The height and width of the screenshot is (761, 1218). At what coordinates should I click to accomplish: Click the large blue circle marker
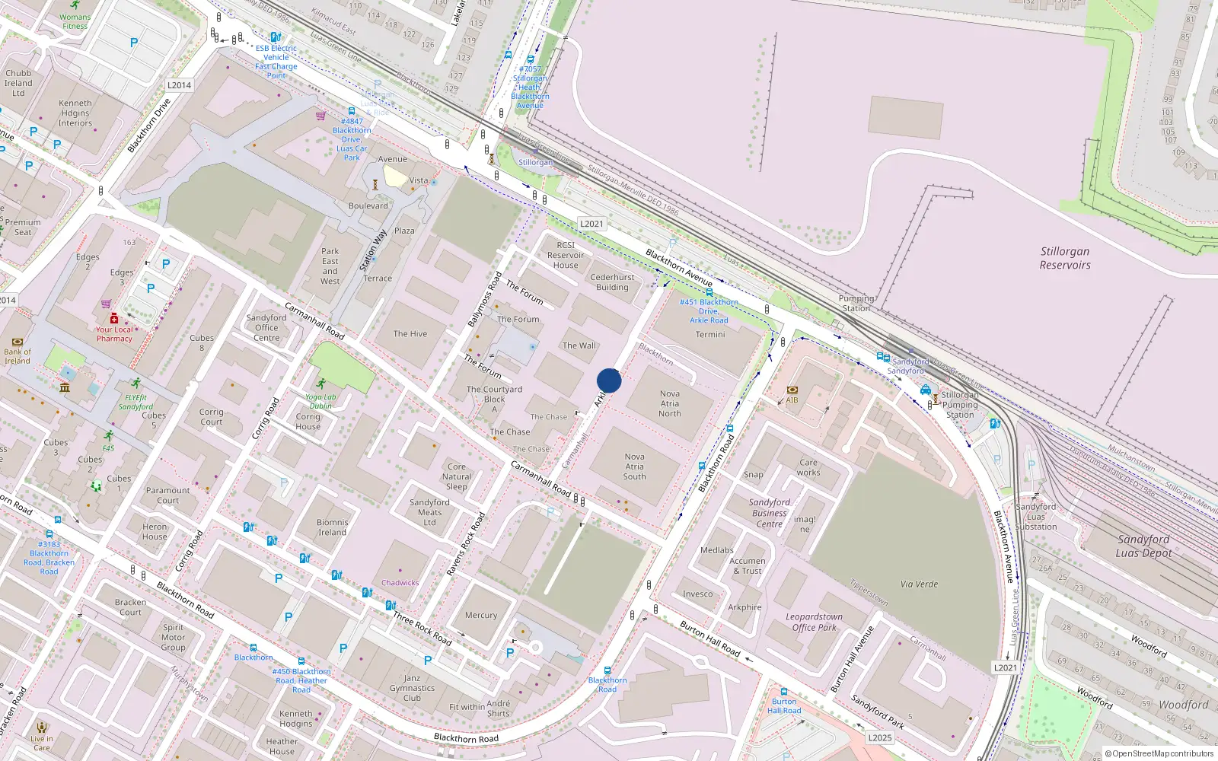click(x=609, y=380)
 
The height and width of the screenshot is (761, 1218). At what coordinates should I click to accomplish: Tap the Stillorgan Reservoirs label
click(x=1065, y=258)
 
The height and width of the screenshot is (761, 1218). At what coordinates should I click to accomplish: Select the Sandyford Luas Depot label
click(x=1143, y=546)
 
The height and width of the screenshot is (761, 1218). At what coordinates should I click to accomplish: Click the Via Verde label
click(x=919, y=584)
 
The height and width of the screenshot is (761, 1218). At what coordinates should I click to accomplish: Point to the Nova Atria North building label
click(x=670, y=404)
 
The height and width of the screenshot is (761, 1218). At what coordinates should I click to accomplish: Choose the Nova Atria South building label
click(x=634, y=466)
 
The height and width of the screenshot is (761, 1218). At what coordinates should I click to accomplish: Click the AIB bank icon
click(x=792, y=390)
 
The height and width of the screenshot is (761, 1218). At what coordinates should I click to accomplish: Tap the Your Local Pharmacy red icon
click(x=114, y=318)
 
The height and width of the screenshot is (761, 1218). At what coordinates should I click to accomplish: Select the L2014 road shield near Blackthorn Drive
click(x=179, y=85)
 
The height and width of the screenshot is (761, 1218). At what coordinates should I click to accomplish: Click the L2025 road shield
click(x=879, y=737)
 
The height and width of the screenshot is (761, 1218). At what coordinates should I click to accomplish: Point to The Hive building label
click(x=410, y=333)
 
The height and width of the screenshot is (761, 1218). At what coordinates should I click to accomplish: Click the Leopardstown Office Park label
click(x=814, y=622)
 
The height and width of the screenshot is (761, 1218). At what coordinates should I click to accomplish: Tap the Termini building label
click(x=710, y=334)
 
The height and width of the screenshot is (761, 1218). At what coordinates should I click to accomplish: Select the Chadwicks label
click(x=400, y=583)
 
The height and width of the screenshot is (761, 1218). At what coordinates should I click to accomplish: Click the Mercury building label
click(x=481, y=615)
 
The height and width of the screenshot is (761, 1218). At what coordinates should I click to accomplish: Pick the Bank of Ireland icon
click(x=18, y=342)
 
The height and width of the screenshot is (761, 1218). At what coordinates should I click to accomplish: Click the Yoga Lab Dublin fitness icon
click(x=320, y=384)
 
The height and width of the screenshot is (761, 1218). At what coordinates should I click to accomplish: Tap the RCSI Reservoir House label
click(x=566, y=255)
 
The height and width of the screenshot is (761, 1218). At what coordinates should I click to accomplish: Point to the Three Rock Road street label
click(x=422, y=628)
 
